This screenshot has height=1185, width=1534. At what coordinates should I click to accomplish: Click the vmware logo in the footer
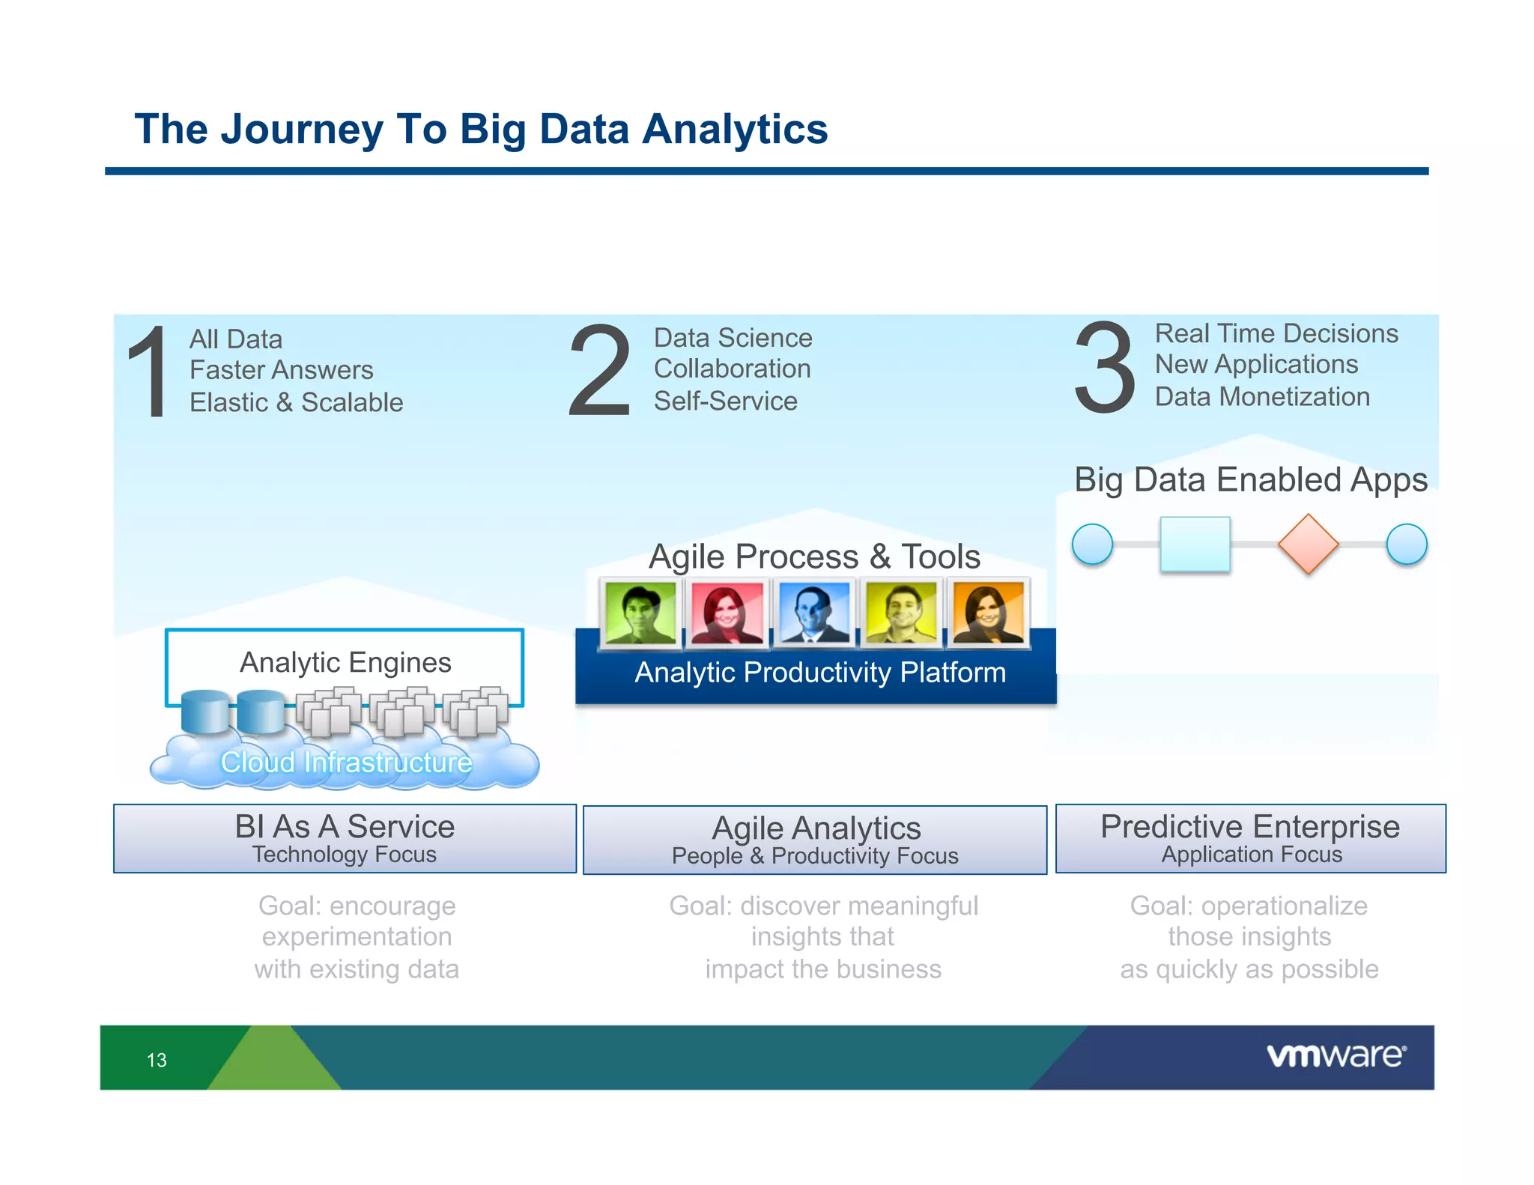tap(1336, 1055)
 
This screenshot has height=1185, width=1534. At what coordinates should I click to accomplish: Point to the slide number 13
tap(157, 1060)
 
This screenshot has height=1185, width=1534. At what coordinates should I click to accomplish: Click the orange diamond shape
tap(1308, 545)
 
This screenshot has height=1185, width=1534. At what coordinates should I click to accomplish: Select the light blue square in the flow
tap(1195, 545)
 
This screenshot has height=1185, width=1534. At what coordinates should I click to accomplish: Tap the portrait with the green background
tap(640, 613)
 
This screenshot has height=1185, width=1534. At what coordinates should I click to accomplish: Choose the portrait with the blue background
tap(814, 613)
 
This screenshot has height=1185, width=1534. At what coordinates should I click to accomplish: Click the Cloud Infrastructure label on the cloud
tap(346, 763)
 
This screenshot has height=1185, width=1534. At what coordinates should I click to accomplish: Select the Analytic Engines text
tap(345, 662)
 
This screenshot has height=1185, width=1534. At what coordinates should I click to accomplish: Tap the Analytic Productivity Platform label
tap(819, 673)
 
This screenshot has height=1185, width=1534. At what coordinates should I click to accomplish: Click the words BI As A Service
tap(345, 826)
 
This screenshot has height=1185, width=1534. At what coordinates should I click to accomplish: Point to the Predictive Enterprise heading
tap(1249, 826)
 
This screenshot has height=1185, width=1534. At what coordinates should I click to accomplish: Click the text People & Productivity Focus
tap(815, 855)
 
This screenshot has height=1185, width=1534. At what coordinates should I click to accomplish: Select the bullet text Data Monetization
tap(1262, 397)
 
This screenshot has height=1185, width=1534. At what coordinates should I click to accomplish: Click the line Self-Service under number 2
tap(725, 401)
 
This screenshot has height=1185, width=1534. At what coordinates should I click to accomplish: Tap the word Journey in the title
tap(301, 130)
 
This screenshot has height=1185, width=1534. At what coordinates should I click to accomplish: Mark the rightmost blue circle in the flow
tap(1407, 545)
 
